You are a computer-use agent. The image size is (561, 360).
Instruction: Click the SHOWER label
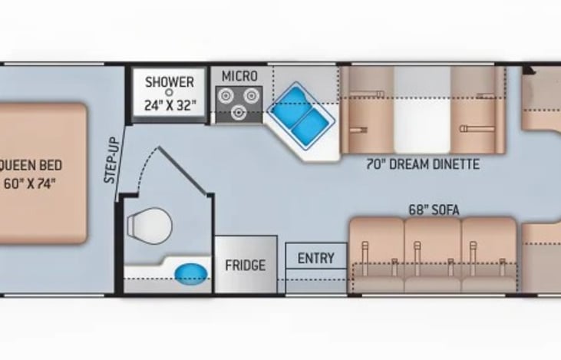[x=170, y=82]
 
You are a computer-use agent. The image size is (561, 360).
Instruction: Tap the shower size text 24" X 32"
[x=170, y=105]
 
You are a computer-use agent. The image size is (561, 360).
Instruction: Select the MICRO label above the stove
[x=239, y=76]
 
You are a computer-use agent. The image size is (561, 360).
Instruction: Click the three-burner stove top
[x=239, y=103]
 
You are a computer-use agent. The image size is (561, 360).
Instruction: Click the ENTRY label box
[x=315, y=258]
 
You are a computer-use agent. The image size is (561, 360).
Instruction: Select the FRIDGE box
[x=245, y=266]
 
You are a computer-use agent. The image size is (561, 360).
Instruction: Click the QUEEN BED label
[x=31, y=165]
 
